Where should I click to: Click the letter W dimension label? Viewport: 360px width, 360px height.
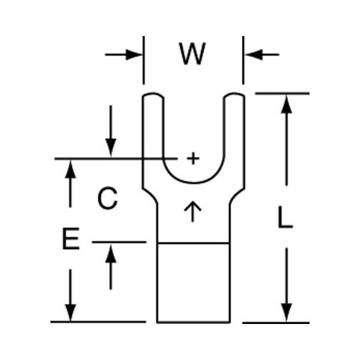tap(193, 54)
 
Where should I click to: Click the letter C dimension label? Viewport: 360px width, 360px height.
tap(107, 198)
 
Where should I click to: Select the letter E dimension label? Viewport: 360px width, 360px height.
tap(71, 239)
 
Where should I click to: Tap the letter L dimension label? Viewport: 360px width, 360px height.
tap(285, 217)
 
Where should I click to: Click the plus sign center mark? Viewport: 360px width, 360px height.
tap(193, 158)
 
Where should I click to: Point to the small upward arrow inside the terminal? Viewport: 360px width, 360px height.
tap(192, 211)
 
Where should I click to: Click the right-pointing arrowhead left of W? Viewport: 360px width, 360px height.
tap(134, 55)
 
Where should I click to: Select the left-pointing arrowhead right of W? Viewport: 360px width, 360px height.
tap(253, 55)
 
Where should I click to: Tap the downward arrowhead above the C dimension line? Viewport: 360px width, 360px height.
tap(111, 148)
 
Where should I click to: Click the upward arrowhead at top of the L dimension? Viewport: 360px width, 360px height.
tap(287, 104)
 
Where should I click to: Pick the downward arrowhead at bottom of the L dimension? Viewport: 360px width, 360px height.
tap(287, 312)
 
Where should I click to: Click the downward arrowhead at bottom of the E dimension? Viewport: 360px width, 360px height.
tap(71, 312)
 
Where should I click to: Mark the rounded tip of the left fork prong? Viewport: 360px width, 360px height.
tap(153, 94)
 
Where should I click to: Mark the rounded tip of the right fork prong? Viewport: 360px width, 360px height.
tap(234, 94)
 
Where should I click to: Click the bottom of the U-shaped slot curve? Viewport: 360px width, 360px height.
tap(194, 183)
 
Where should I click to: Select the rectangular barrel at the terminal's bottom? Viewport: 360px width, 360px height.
tap(194, 283)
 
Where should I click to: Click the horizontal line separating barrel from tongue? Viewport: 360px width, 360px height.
tap(194, 243)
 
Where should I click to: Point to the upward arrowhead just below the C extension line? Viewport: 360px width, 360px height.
tap(71, 169)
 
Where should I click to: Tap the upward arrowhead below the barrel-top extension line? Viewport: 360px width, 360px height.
tap(111, 253)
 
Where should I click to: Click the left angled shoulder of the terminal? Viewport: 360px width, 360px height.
tap(150, 196)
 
